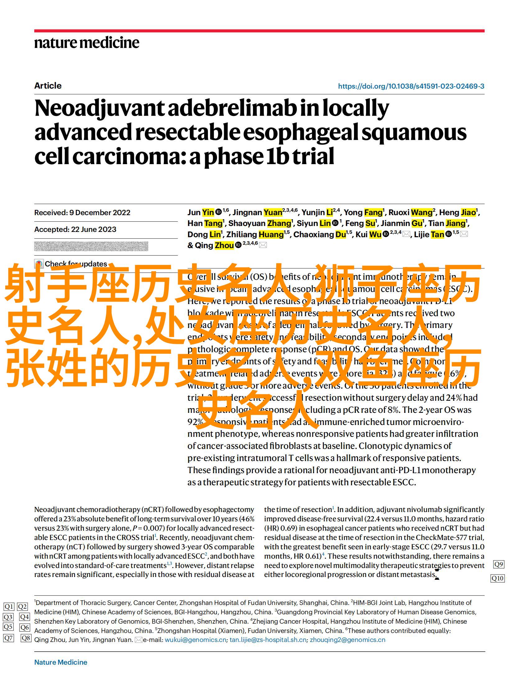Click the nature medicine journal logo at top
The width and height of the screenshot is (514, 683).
[86, 43]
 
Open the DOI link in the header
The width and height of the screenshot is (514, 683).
[411, 86]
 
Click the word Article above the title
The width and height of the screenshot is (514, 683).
[48, 86]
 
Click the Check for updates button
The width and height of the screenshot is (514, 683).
[71, 264]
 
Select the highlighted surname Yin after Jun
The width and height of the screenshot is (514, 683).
[208, 213]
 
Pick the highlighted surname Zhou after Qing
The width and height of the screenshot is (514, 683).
[224, 246]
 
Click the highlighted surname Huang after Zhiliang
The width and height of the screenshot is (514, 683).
[271, 234]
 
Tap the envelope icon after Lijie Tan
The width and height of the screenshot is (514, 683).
[464, 234]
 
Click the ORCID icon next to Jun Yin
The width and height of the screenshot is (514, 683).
[218, 212]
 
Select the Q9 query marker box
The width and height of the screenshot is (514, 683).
[498, 564]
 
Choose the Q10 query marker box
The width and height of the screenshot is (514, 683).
[497, 578]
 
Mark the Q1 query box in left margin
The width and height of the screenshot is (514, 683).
[9, 606]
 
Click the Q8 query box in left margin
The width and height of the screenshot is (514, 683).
[26, 638]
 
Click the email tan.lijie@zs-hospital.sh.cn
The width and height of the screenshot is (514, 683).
[268, 640]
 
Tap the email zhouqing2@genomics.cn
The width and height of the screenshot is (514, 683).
[347, 640]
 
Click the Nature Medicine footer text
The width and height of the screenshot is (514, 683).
[61, 662]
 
